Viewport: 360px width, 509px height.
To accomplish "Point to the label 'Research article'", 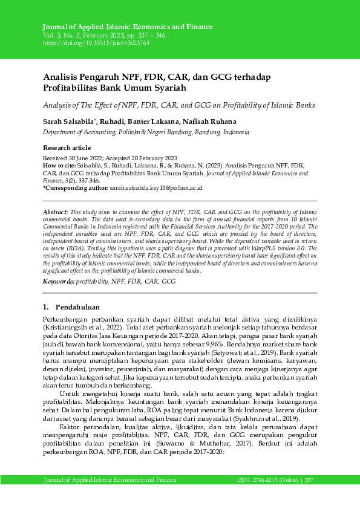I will [66, 148].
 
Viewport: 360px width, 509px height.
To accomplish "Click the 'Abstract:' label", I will [56, 213].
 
